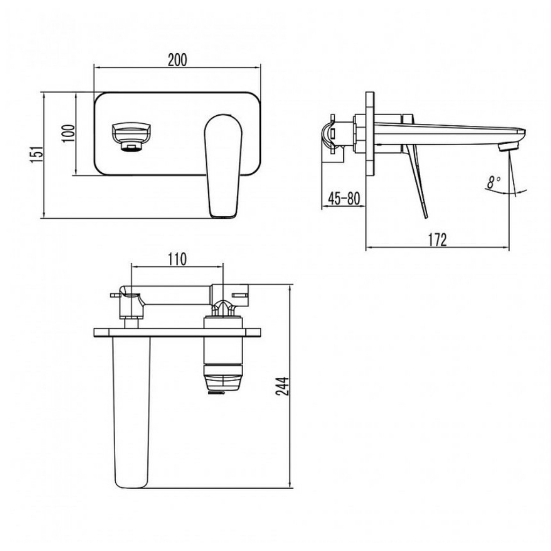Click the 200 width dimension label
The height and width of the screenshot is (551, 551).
click(x=178, y=60)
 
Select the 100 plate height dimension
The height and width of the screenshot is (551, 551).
click(x=68, y=133)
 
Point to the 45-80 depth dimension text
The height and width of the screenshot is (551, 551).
click(x=344, y=198)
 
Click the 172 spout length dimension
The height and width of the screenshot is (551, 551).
click(x=437, y=239)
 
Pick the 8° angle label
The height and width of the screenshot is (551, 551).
click(x=494, y=182)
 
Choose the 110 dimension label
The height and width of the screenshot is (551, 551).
click(x=176, y=259)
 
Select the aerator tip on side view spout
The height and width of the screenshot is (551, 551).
click(x=507, y=146)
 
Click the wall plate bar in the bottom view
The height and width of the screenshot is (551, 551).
click(x=178, y=333)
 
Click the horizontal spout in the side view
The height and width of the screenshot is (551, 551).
click(x=450, y=132)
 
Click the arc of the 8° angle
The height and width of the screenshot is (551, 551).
click(x=506, y=193)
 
